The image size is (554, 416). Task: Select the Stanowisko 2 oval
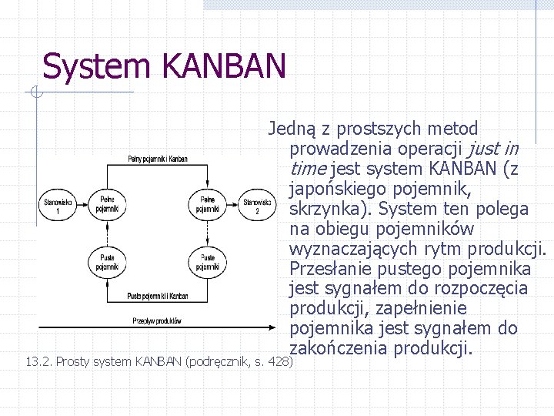pos(256,205)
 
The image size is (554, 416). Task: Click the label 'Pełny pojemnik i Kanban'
pos(157,159)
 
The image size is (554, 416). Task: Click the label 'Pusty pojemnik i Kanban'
pos(157,295)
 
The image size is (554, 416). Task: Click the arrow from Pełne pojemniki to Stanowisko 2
pos(232,205)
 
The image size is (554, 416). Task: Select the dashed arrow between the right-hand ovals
pos(208,233)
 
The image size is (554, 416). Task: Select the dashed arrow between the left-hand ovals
pos(106,233)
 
